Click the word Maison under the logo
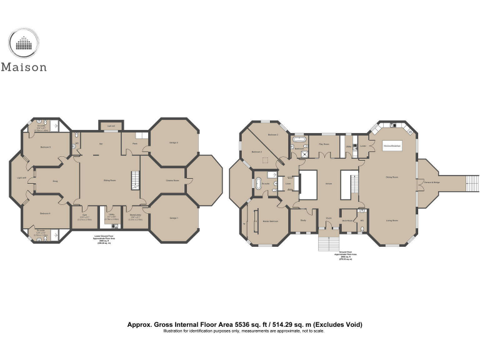23,67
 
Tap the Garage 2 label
174,142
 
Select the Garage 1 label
174,217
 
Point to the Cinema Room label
172,181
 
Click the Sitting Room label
110,181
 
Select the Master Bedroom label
270,221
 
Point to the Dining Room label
392,177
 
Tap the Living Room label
392,220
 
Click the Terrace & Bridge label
432,182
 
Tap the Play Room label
324,144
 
